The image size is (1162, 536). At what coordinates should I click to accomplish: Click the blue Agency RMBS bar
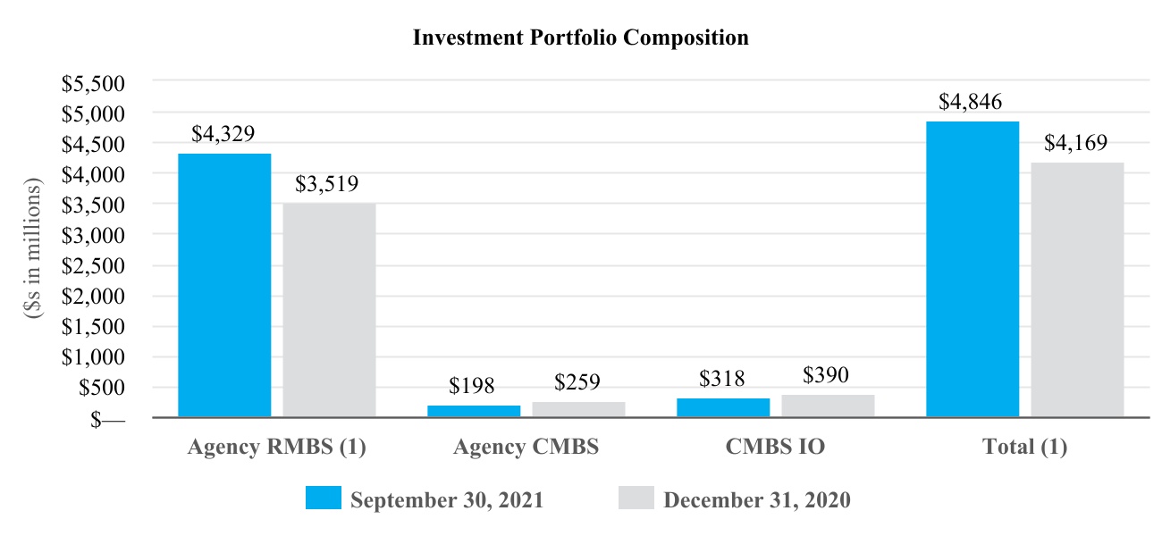224,285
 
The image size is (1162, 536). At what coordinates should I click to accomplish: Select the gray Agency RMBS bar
329,310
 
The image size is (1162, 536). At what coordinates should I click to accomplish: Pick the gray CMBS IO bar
828,406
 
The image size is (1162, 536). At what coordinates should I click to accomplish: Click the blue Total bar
973,269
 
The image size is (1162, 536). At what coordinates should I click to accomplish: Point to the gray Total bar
1077,289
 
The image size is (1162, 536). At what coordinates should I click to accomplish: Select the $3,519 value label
327,184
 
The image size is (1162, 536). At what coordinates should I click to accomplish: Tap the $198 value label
471,386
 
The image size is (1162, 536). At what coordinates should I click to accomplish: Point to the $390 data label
826,375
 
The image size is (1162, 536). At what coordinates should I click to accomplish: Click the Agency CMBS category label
526,448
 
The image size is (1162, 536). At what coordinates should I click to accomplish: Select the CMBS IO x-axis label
775,448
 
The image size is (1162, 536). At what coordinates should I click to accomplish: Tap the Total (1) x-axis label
1024,448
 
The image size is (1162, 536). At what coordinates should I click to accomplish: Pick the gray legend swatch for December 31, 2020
636,498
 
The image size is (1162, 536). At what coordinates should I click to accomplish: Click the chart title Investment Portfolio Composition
580,38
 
